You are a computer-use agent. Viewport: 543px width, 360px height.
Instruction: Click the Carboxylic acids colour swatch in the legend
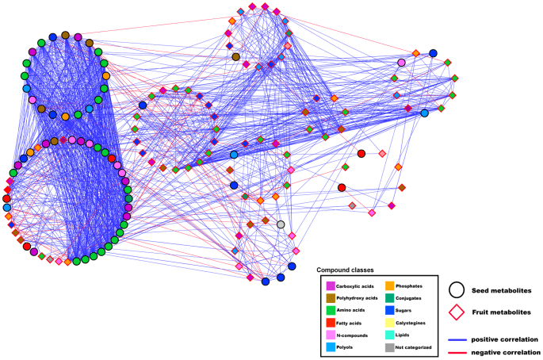[330, 285]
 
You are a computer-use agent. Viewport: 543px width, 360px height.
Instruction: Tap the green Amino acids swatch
[330, 310]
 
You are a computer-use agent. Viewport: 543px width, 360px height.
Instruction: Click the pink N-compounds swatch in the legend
[330, 335]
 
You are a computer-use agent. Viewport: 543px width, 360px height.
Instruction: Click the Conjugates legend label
[421, 298]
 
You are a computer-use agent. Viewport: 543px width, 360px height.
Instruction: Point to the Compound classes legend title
[346, 270]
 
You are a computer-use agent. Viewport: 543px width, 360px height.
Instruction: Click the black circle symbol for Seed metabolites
[457, 289]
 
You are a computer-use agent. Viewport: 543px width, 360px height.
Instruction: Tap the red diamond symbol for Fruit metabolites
[457, 313]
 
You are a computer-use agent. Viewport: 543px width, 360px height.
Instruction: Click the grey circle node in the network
[281, 224]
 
